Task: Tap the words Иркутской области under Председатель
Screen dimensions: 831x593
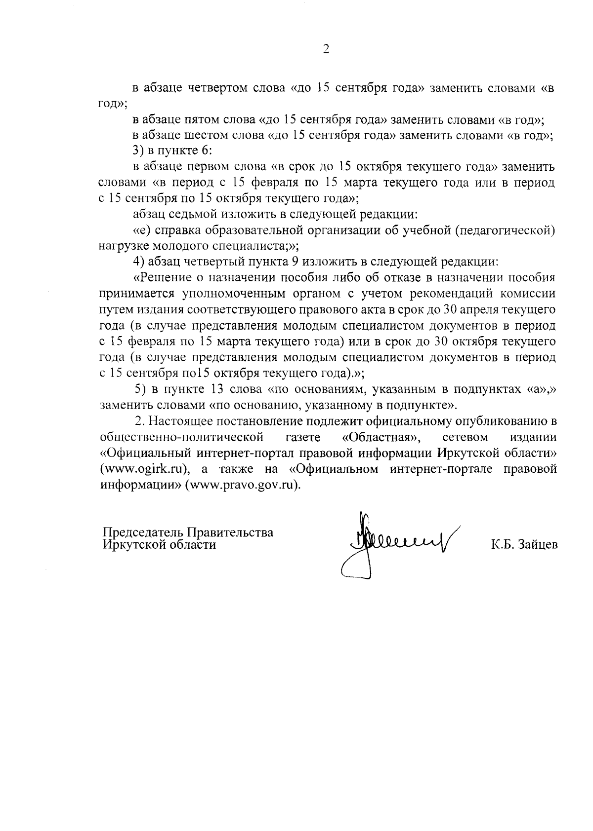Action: pyautogui.click(x=159, y=545)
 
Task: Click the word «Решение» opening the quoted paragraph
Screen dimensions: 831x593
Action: pyautogui.click(x=164, y=277)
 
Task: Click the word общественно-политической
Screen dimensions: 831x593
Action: pyautogui.click(x=180, y=437)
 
